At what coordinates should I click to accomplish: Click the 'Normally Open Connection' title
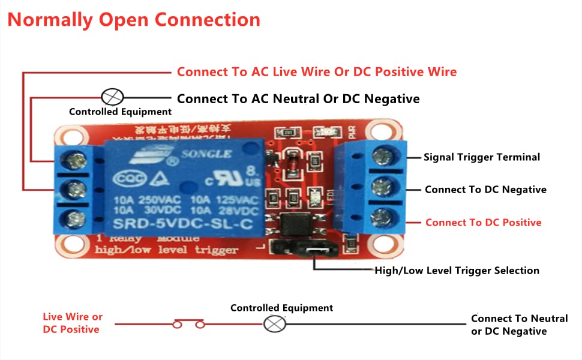[x=134, y=19]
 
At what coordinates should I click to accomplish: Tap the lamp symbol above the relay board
[x=113, y=97]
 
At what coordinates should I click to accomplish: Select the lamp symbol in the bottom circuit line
[x=275, y=324]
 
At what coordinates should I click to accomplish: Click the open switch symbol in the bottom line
[x=189, y=325]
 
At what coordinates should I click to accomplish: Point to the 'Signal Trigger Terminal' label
[x=482, y=157]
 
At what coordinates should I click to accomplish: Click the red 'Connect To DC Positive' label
[x=483, y=223]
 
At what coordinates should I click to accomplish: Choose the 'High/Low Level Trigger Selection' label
[x=457, y=271]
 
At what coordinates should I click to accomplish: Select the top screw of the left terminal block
[x=77, y=160]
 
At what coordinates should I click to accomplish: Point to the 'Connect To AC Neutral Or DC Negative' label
[x=298, y=98]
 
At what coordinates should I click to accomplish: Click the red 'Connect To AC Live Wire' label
[x=316, y=72]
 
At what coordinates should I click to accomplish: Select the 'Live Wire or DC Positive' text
[x=72, y=323]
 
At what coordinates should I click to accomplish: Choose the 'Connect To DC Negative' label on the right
[x=485, y=190]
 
